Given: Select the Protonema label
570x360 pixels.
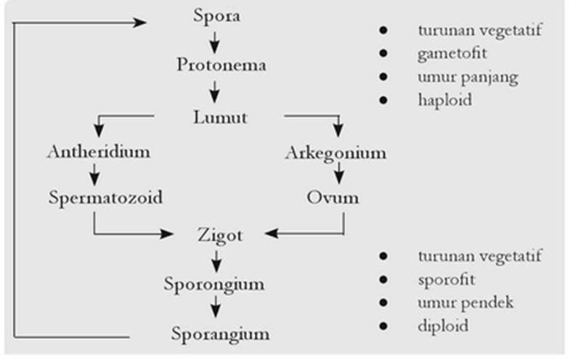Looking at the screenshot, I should (x=221, y=65).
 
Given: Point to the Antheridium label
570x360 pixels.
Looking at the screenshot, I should (x=98, y=152).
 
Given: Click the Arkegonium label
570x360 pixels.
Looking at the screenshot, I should (x=335, y=153).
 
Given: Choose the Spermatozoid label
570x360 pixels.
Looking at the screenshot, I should (x=106, y=197).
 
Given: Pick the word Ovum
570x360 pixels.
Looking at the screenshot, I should (x=333, y=197).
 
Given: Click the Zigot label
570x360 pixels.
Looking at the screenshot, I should (x=220, y=235).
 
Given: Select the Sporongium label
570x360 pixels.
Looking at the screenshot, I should (x=213, y=284).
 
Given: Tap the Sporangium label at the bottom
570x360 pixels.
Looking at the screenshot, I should (x=221, y=333).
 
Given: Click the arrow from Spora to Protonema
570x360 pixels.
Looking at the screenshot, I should (x=215, y=39).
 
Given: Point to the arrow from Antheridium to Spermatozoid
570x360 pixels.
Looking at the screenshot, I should (x=95, y=174).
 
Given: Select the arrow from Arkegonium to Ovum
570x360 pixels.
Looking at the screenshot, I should (x=338, y=174).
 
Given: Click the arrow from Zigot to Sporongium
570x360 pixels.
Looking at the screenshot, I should (x=216, y=259).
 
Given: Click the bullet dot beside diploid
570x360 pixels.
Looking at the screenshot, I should (x=383, y=326).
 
